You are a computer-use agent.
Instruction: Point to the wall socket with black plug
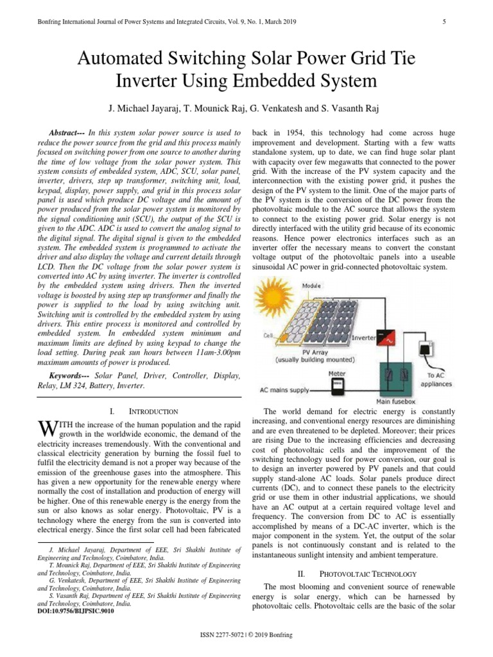click(x=426, y=349)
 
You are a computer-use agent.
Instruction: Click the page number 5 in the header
click(x=444, y=22)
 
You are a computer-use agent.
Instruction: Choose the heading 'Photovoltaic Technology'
click(x=368, y=573)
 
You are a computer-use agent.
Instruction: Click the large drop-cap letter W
click(x=46, y=428)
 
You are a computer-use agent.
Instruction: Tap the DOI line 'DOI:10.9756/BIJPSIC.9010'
click(x=77, y=612)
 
